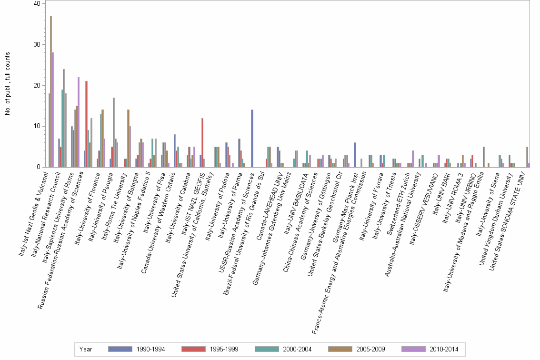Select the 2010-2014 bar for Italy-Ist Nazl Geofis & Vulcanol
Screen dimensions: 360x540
(x=53, y=110)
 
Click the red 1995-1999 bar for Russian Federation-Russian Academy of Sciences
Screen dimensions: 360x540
(x=86, y=124)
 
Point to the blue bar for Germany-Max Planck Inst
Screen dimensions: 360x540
(x=355, y=155)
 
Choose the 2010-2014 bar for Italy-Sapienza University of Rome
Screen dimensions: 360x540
(x=79, y=122)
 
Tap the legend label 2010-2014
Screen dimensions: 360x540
(x=444, y=349)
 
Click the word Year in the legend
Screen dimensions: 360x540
(x=86, y=349)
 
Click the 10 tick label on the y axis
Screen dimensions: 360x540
(x=37, y=126)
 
